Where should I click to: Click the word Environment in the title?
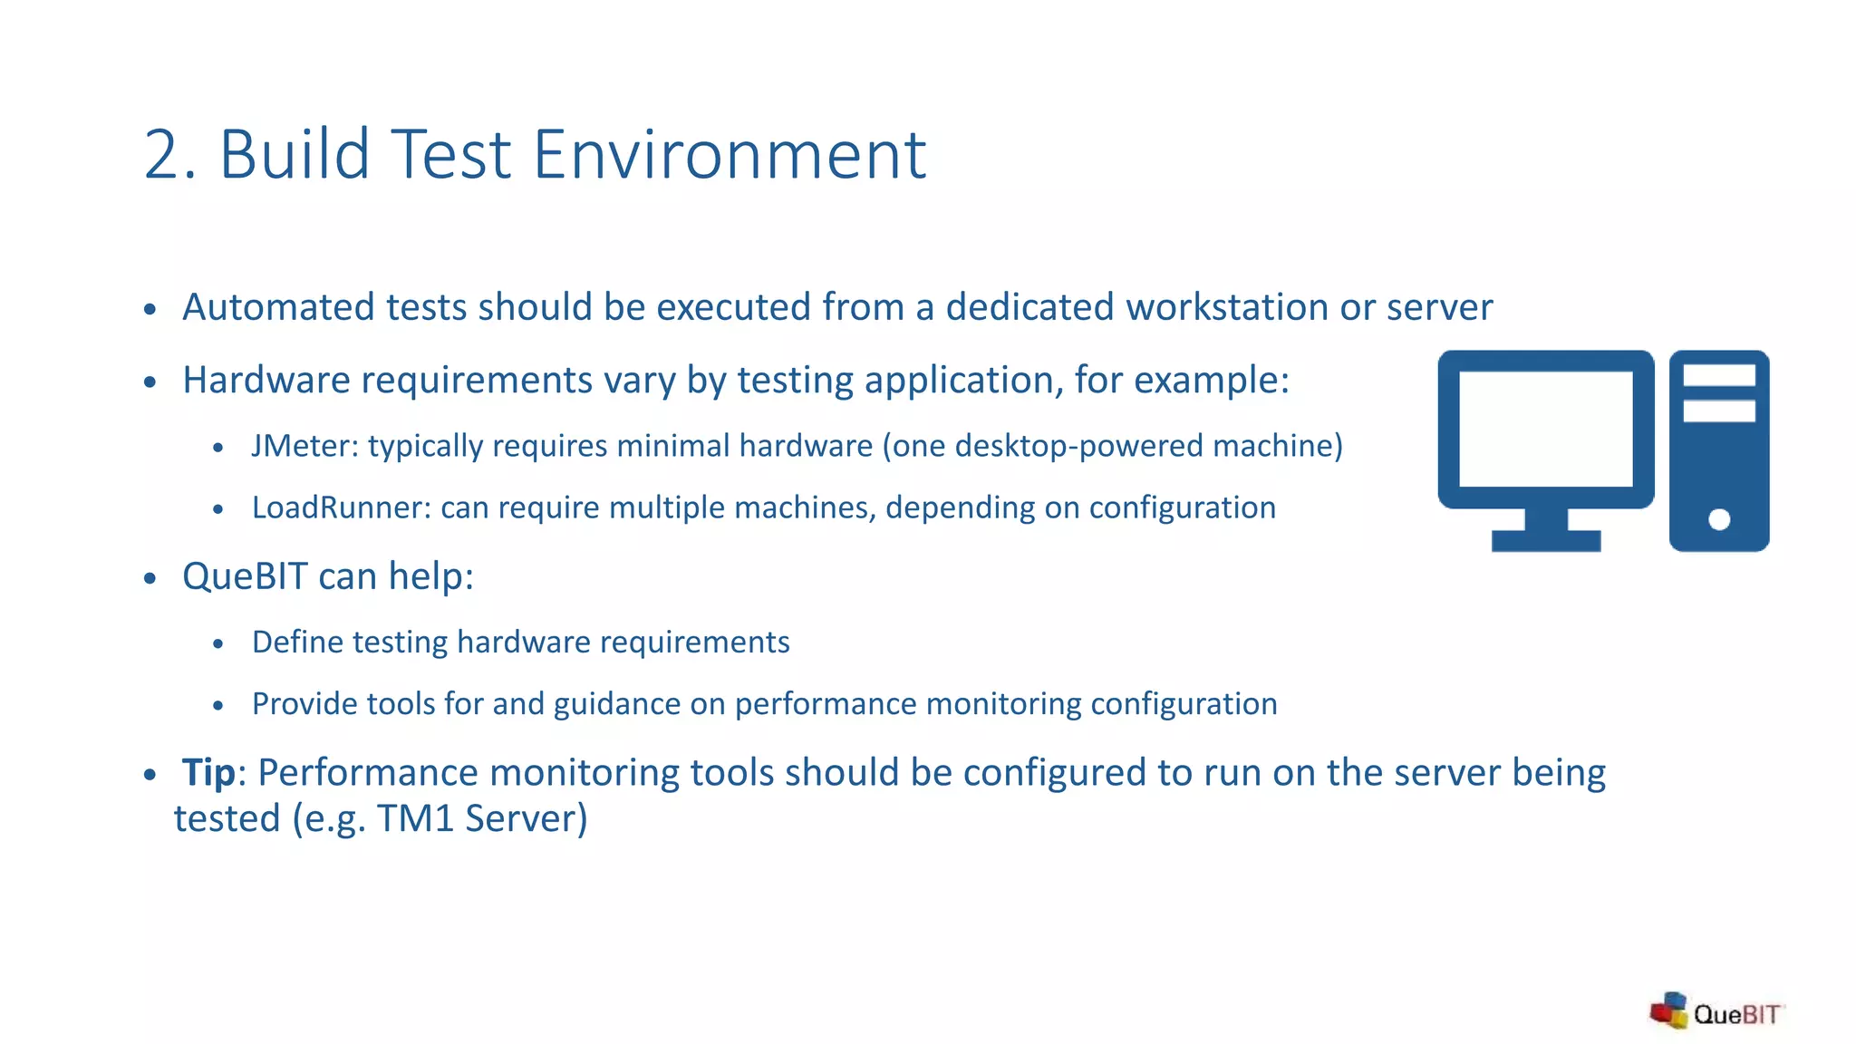[x=730, y=156]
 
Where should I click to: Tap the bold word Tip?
[x=208, y=773]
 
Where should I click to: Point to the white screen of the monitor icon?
[x=1546, y=429]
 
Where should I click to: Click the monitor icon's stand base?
[x=1546, y=541]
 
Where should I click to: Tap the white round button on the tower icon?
[x=1719, y=519]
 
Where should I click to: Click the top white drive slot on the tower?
[x=1719, y=375]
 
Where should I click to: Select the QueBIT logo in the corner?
[x=1716, y=1011]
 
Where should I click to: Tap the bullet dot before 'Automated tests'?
[x=150, y=310]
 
